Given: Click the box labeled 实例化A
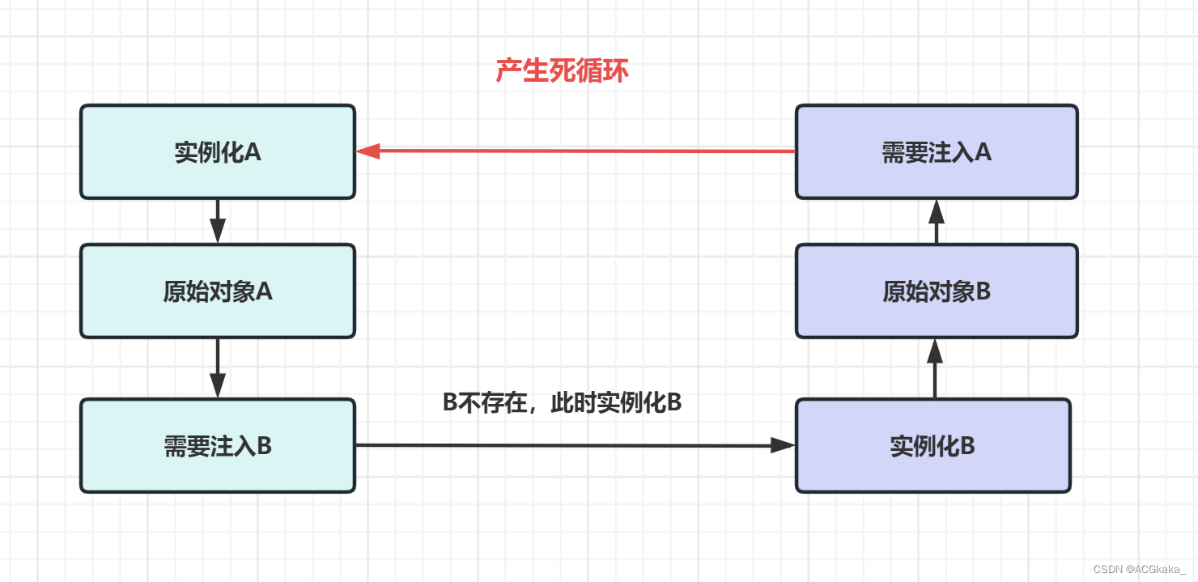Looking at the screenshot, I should click(217, 151).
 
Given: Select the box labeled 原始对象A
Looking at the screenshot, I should click(217, 291).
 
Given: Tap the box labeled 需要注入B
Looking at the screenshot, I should click(217, 445).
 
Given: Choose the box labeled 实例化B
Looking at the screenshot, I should click(932, 445).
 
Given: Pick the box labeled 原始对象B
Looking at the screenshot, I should click(937, 291).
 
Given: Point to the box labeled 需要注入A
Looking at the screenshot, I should click(937, 151).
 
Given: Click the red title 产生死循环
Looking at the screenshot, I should click(562, 71).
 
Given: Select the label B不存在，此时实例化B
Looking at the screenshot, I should click(562, 403).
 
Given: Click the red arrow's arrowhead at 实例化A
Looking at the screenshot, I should click(368, 151).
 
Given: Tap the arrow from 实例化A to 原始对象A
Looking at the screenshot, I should click(217, 221).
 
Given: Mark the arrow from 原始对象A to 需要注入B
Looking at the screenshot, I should click(217, 367).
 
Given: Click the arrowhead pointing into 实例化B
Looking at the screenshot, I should click(783, 445).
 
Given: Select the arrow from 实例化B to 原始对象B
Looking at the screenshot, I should click(936, 368).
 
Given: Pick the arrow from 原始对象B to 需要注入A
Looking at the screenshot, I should click(937, 221).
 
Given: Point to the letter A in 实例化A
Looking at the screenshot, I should click(253, 152).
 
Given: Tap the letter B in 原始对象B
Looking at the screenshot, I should click(983, 291).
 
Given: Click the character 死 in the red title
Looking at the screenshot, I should click(562, 71).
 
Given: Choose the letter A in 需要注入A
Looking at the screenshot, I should click(983, 152).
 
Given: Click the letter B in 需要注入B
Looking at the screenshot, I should click(264, 446).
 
